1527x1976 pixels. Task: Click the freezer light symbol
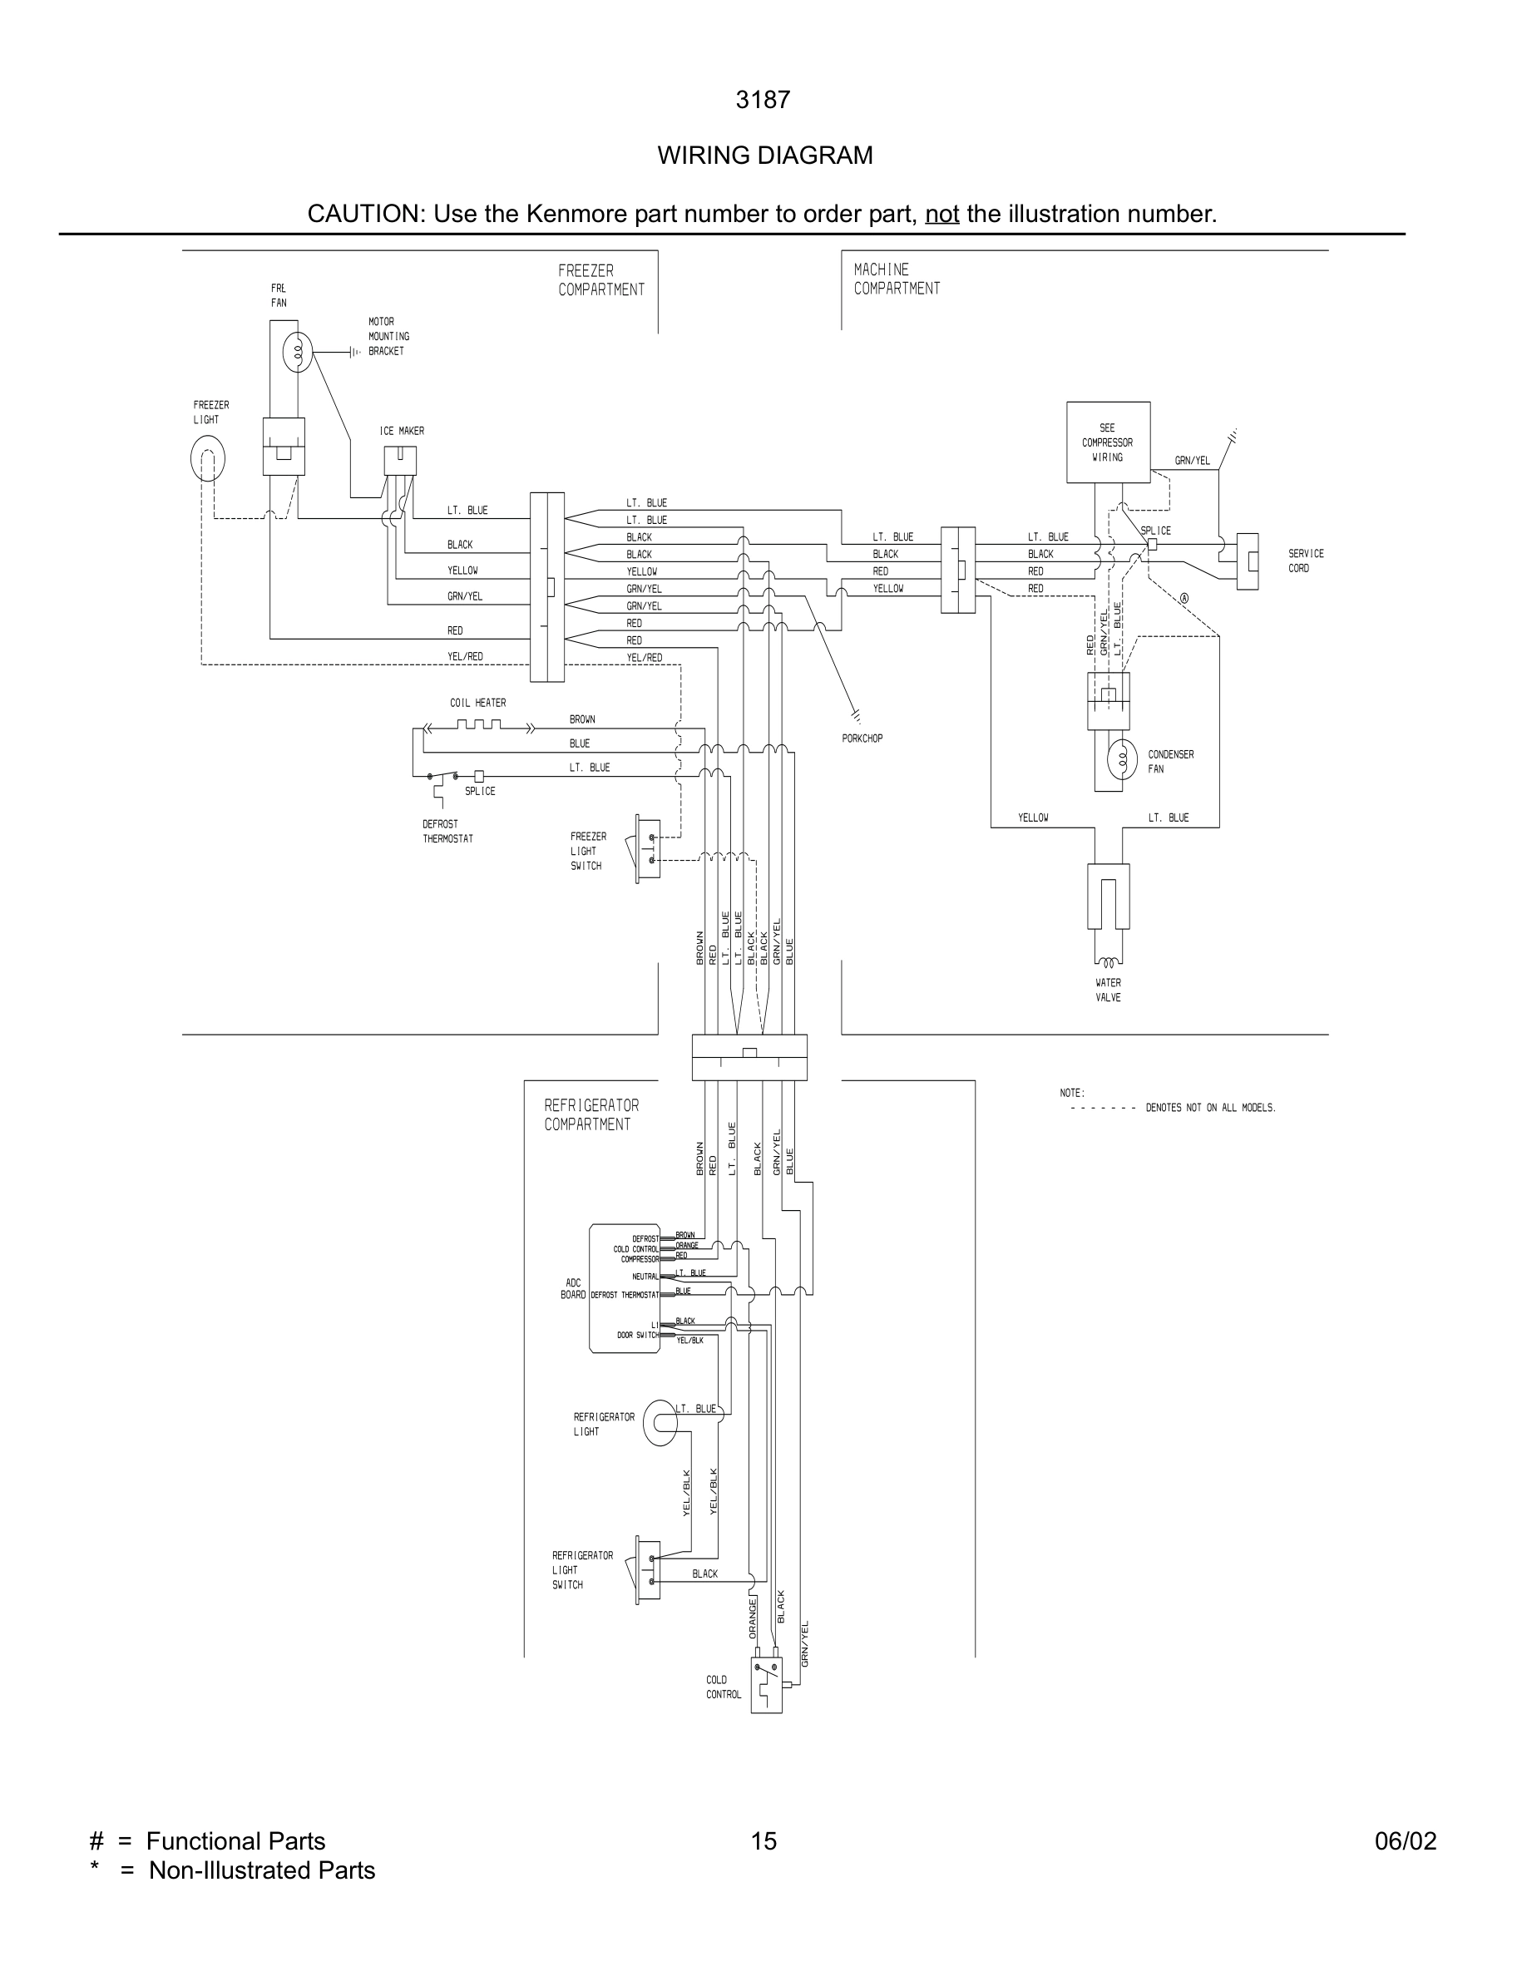(x=207, y=459)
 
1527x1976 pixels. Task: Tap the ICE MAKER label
(x=402, y=431)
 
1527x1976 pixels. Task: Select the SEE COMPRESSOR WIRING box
(x=1107, y=442)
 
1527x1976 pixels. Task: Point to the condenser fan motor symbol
(x=1123, y=760)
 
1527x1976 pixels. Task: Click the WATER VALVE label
(x=1107, y=990)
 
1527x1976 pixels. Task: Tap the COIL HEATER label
(x=477, y=702)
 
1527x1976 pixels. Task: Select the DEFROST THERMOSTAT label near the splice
(x=447, y=831)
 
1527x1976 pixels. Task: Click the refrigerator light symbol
(x=660, y=1423)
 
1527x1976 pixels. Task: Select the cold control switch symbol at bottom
(x=766, y=1685)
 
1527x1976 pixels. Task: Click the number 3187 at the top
(x=763, y=100)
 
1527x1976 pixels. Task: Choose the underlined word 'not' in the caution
(x=941, y=214)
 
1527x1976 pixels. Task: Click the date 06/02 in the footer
(x=1405, y=1840)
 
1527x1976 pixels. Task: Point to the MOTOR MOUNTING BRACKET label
(x=388, y=336)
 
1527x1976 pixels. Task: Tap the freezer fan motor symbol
(x=297, y=352)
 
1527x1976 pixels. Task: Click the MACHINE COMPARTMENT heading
(x=896, y=279)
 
